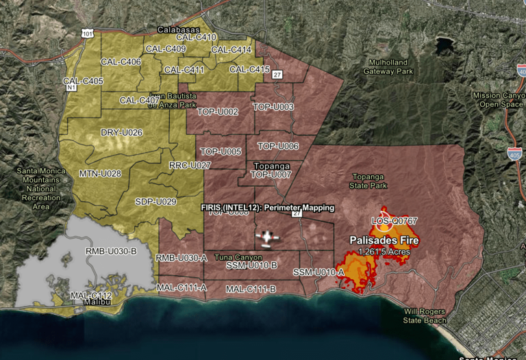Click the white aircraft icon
[267, 237]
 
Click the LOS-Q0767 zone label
[394, 221]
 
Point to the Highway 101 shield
[87, 33]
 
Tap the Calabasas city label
[178, 30]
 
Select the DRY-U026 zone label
[122, 132]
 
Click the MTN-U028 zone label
[100, 174]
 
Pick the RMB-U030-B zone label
[111, 251]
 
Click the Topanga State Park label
[369, 181]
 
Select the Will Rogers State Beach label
[425, 316]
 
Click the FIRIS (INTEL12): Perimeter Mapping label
[268, 207]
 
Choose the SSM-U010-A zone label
[318, 272]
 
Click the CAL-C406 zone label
[121, 62]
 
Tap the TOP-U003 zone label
[273, 107]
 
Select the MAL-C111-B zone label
[251, 289]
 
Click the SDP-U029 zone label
[155, 201]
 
